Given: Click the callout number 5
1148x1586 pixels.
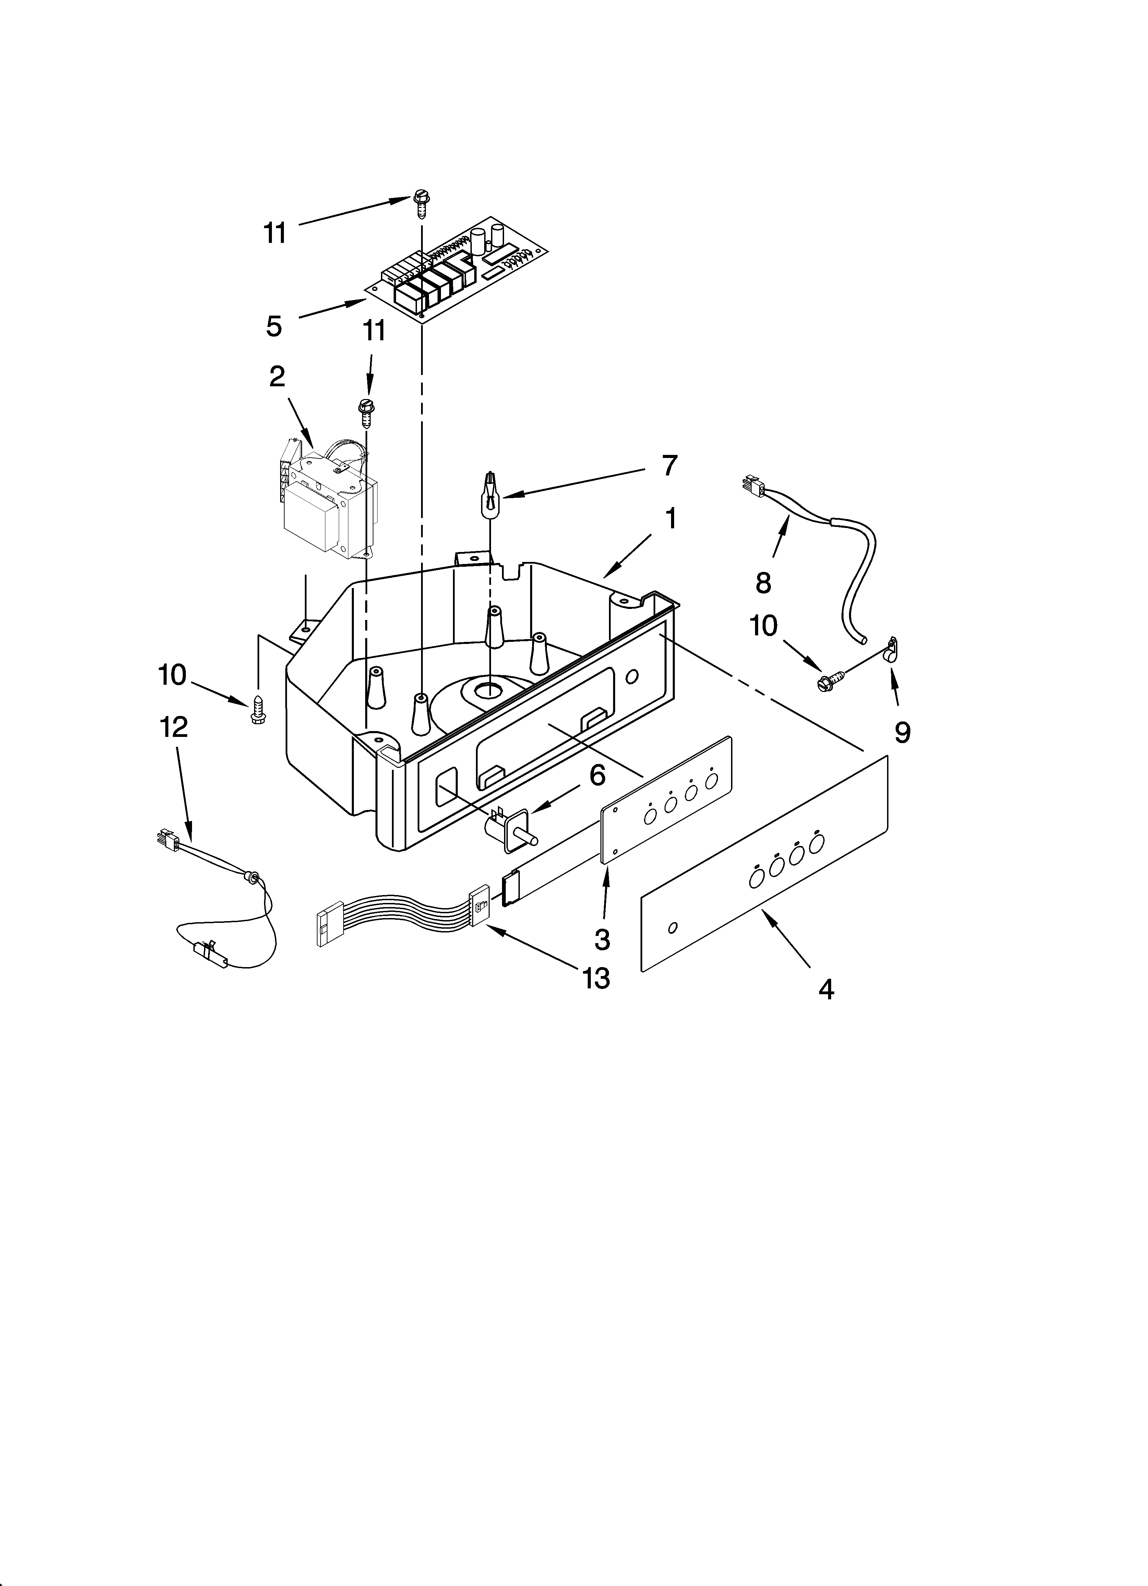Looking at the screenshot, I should coord(274,326).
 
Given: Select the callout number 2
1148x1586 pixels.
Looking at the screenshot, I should coord(277,377).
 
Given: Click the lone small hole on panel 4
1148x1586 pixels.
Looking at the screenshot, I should coord(672,928).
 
